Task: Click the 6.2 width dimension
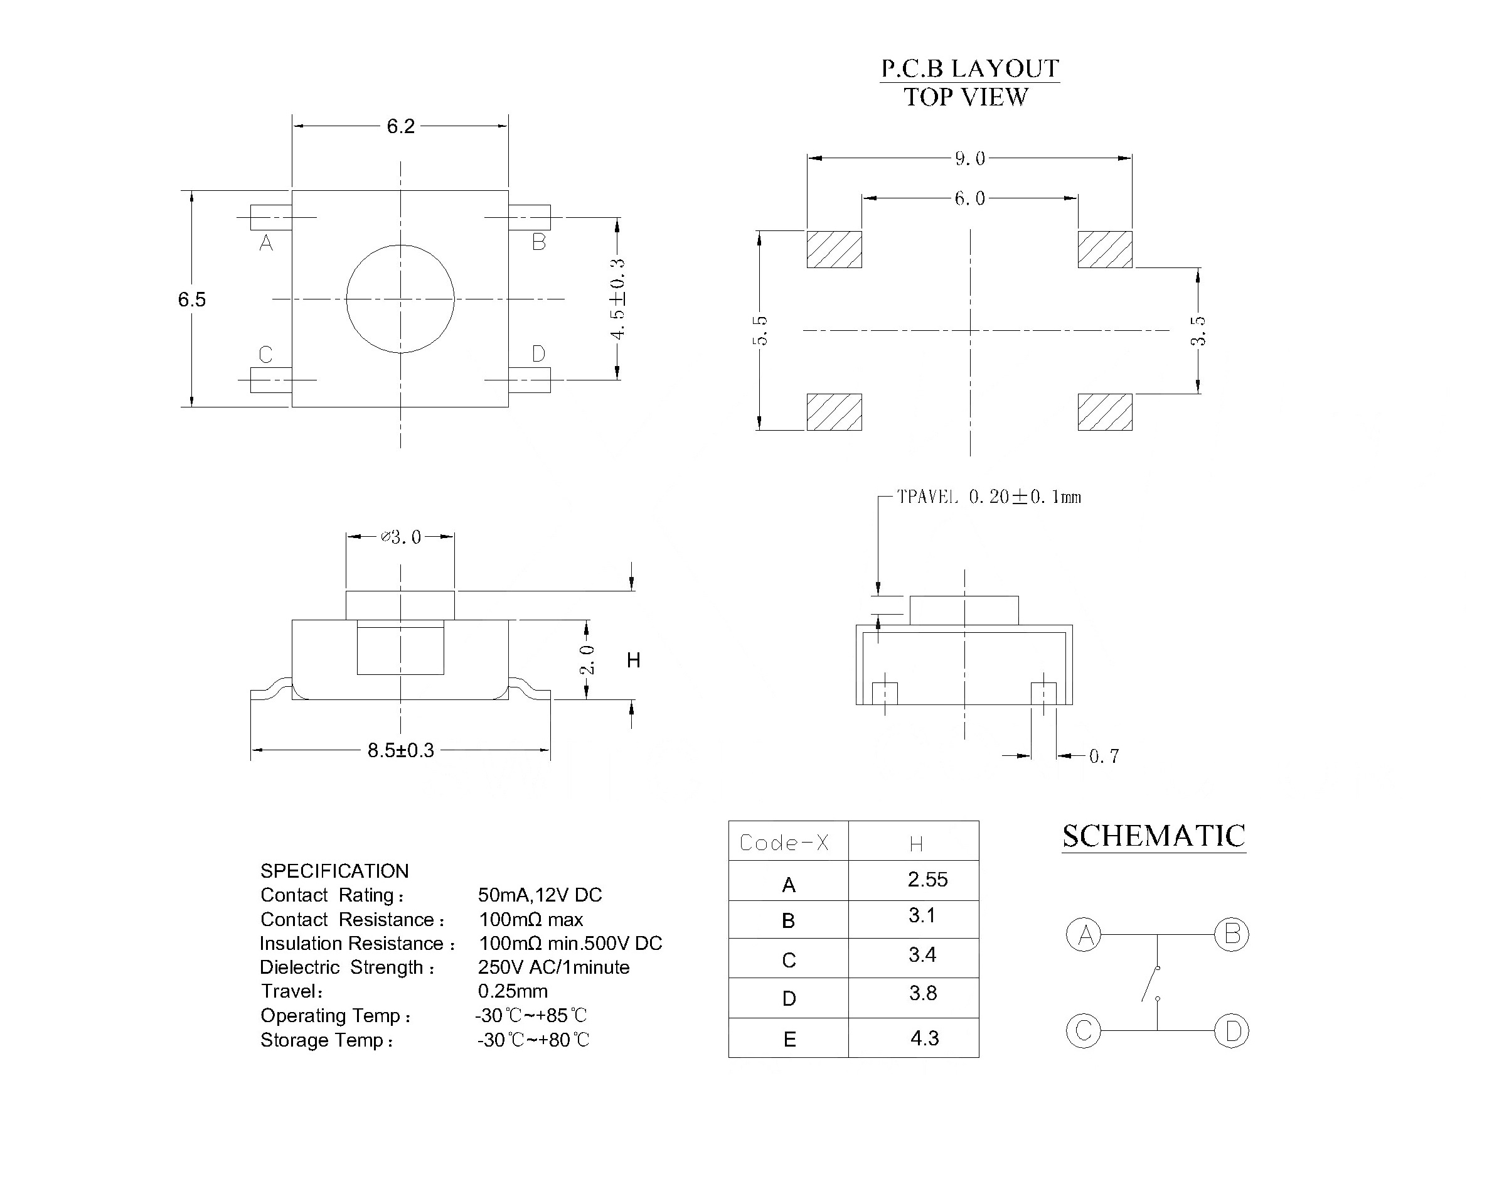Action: tap(401, 126)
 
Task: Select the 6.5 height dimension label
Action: tap(191, 300)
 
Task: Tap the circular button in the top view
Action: tap(400, 299)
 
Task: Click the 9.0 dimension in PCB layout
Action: tap(969, 159)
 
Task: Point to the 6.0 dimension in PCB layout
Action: tap(969, 199)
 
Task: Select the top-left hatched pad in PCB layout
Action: tap(835, 249)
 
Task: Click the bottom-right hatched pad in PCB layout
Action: tap(1105, 412)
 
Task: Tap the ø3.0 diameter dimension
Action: tap(401, 537)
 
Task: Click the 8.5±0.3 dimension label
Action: tap(401, 750)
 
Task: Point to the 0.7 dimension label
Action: tap(1104, 757)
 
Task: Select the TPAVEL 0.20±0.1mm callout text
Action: tap(988, 497)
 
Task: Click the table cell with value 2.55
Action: tap(927, 880)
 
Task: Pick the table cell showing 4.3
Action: tap(924, 1038)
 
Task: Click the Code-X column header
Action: tap(784, 843)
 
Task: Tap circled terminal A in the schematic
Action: tap(1084, 934)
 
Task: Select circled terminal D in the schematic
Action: tap(1232, 1031)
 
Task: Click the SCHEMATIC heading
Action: tap(1153, 836)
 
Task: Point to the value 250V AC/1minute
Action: tap(553, 967)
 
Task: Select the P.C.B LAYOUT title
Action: tap(969, 68)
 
